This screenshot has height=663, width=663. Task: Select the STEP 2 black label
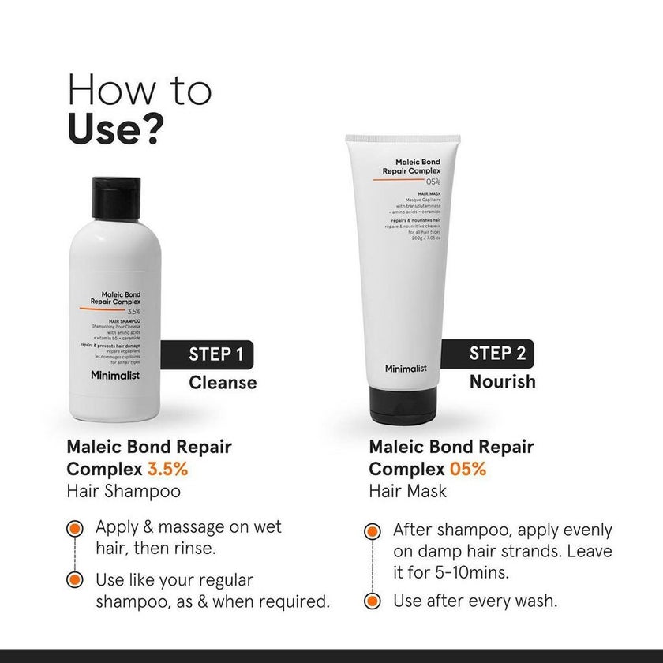coord(494,353)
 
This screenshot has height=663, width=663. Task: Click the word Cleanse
coord(222,383)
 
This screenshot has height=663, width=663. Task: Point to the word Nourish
coord(502,382)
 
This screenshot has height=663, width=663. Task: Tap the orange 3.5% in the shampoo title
coord(167,469)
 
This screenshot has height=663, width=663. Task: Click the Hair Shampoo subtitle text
coord(123,491)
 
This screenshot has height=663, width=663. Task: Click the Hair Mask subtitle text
coord(407,491)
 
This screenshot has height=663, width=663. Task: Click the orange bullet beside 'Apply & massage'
coord(75,528)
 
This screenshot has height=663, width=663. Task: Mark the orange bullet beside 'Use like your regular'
coord(75,580)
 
